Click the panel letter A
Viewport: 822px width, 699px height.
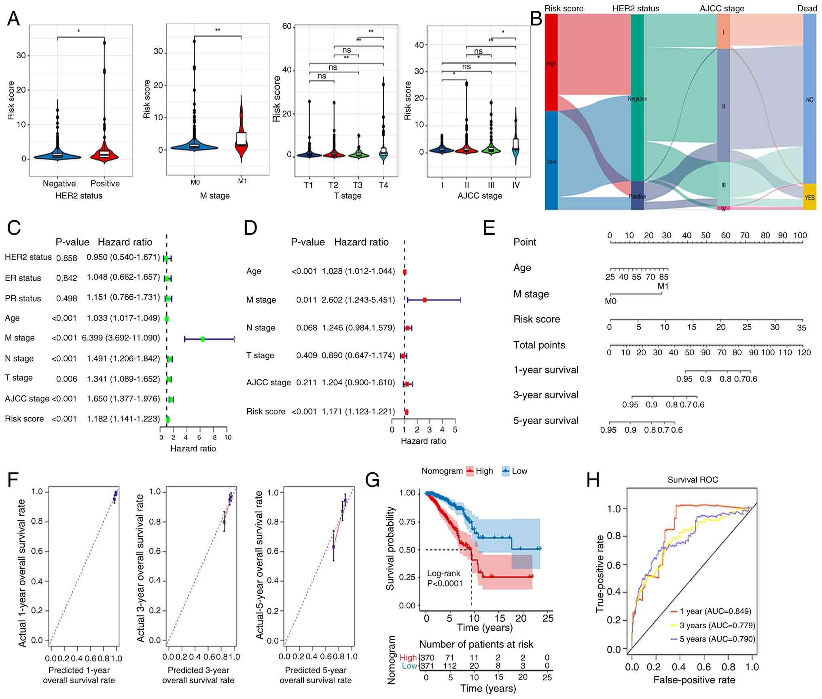(13, 19)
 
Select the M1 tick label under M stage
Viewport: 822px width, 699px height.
(242, 181)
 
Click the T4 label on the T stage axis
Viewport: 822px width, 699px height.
(383, 185)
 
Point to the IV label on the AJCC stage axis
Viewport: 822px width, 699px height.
(516, 185)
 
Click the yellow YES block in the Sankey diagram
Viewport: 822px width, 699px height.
(809, 197)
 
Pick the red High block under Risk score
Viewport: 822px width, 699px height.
(551, 63)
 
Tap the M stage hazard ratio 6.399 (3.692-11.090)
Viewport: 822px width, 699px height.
(121, 338)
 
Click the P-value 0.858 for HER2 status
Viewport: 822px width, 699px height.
(66, 258)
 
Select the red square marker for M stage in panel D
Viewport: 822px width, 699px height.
(425, 300)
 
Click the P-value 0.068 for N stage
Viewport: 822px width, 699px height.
(306, 328)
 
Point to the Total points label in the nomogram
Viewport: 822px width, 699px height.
(539, 345)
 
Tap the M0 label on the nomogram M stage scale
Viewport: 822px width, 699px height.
(610, 302)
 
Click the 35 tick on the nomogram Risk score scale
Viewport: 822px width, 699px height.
(801, 327)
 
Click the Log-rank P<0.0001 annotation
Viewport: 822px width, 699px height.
(444, 578)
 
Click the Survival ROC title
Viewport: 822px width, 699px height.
(693, 480)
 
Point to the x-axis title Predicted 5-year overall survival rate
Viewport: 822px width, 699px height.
(316, 675)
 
